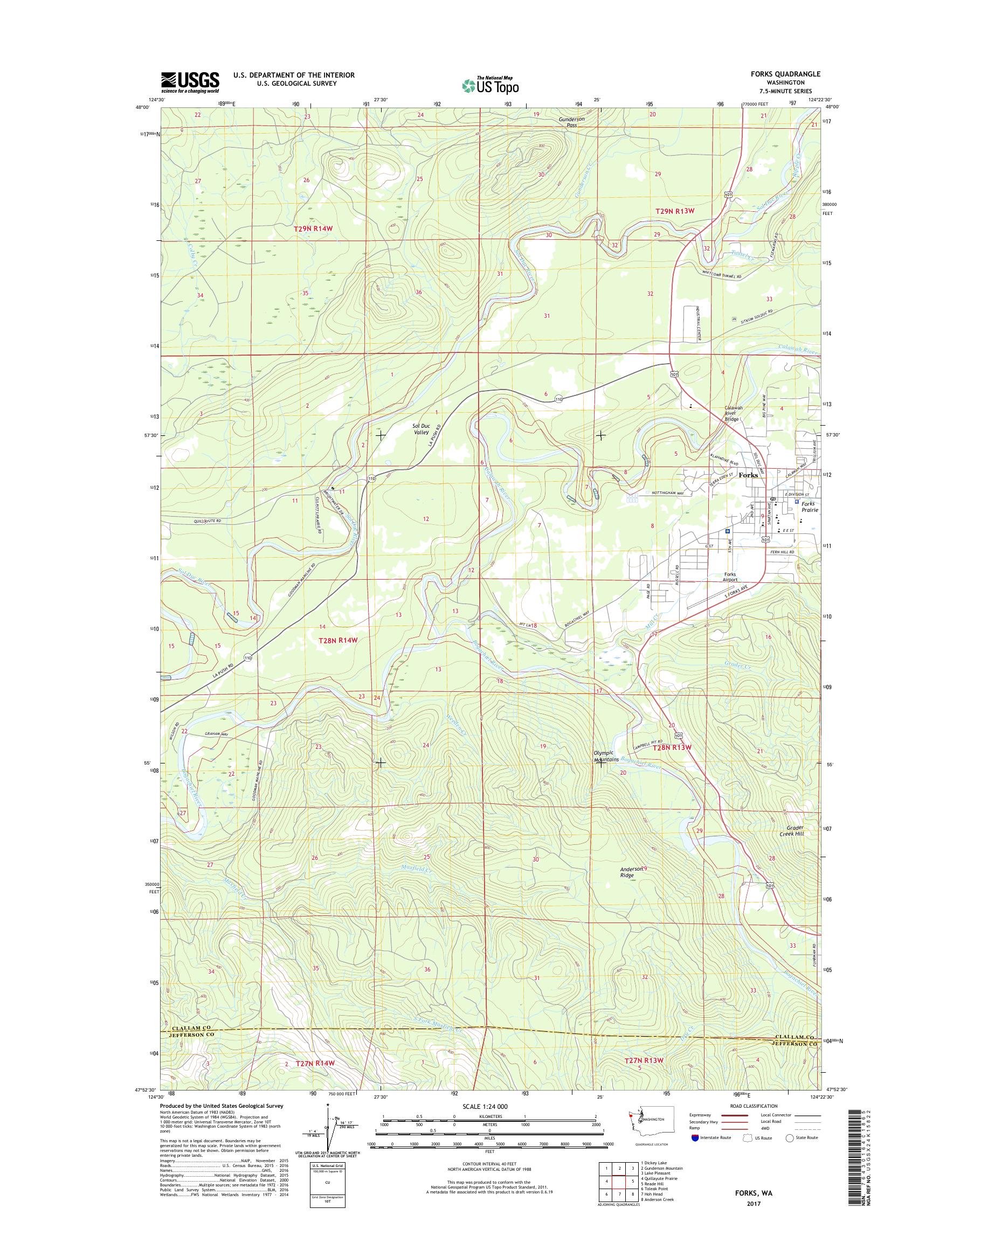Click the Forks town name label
click(x=748, y=475)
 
